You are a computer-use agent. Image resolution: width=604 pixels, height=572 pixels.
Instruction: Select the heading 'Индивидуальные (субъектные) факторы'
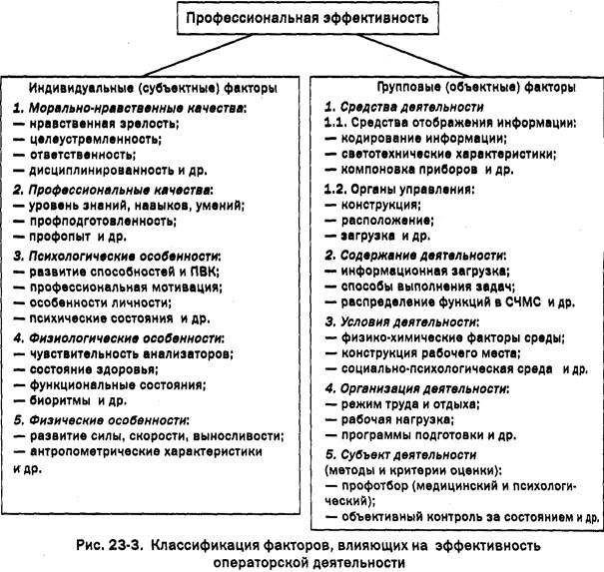pyautogui.click(x=145, y=87)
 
